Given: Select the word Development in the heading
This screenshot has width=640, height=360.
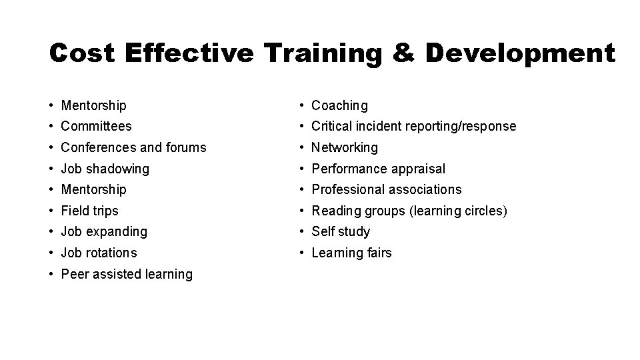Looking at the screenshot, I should click(519, 53).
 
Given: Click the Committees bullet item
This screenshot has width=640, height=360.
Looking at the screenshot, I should click(96, 126).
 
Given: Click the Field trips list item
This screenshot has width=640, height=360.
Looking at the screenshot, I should click(89, 211).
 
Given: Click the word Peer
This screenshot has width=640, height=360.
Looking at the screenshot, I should click(73, 274).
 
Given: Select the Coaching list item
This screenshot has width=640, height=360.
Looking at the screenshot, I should click(339, 105).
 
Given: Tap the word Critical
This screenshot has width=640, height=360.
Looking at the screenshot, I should click(331, 126).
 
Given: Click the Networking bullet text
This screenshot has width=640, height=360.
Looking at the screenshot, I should click(345, 147).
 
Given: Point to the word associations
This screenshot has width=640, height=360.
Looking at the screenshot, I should click(425, 189).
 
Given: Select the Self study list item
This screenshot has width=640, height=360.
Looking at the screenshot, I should click(341, 232).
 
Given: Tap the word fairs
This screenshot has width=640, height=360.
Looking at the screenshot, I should click(377, 253).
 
